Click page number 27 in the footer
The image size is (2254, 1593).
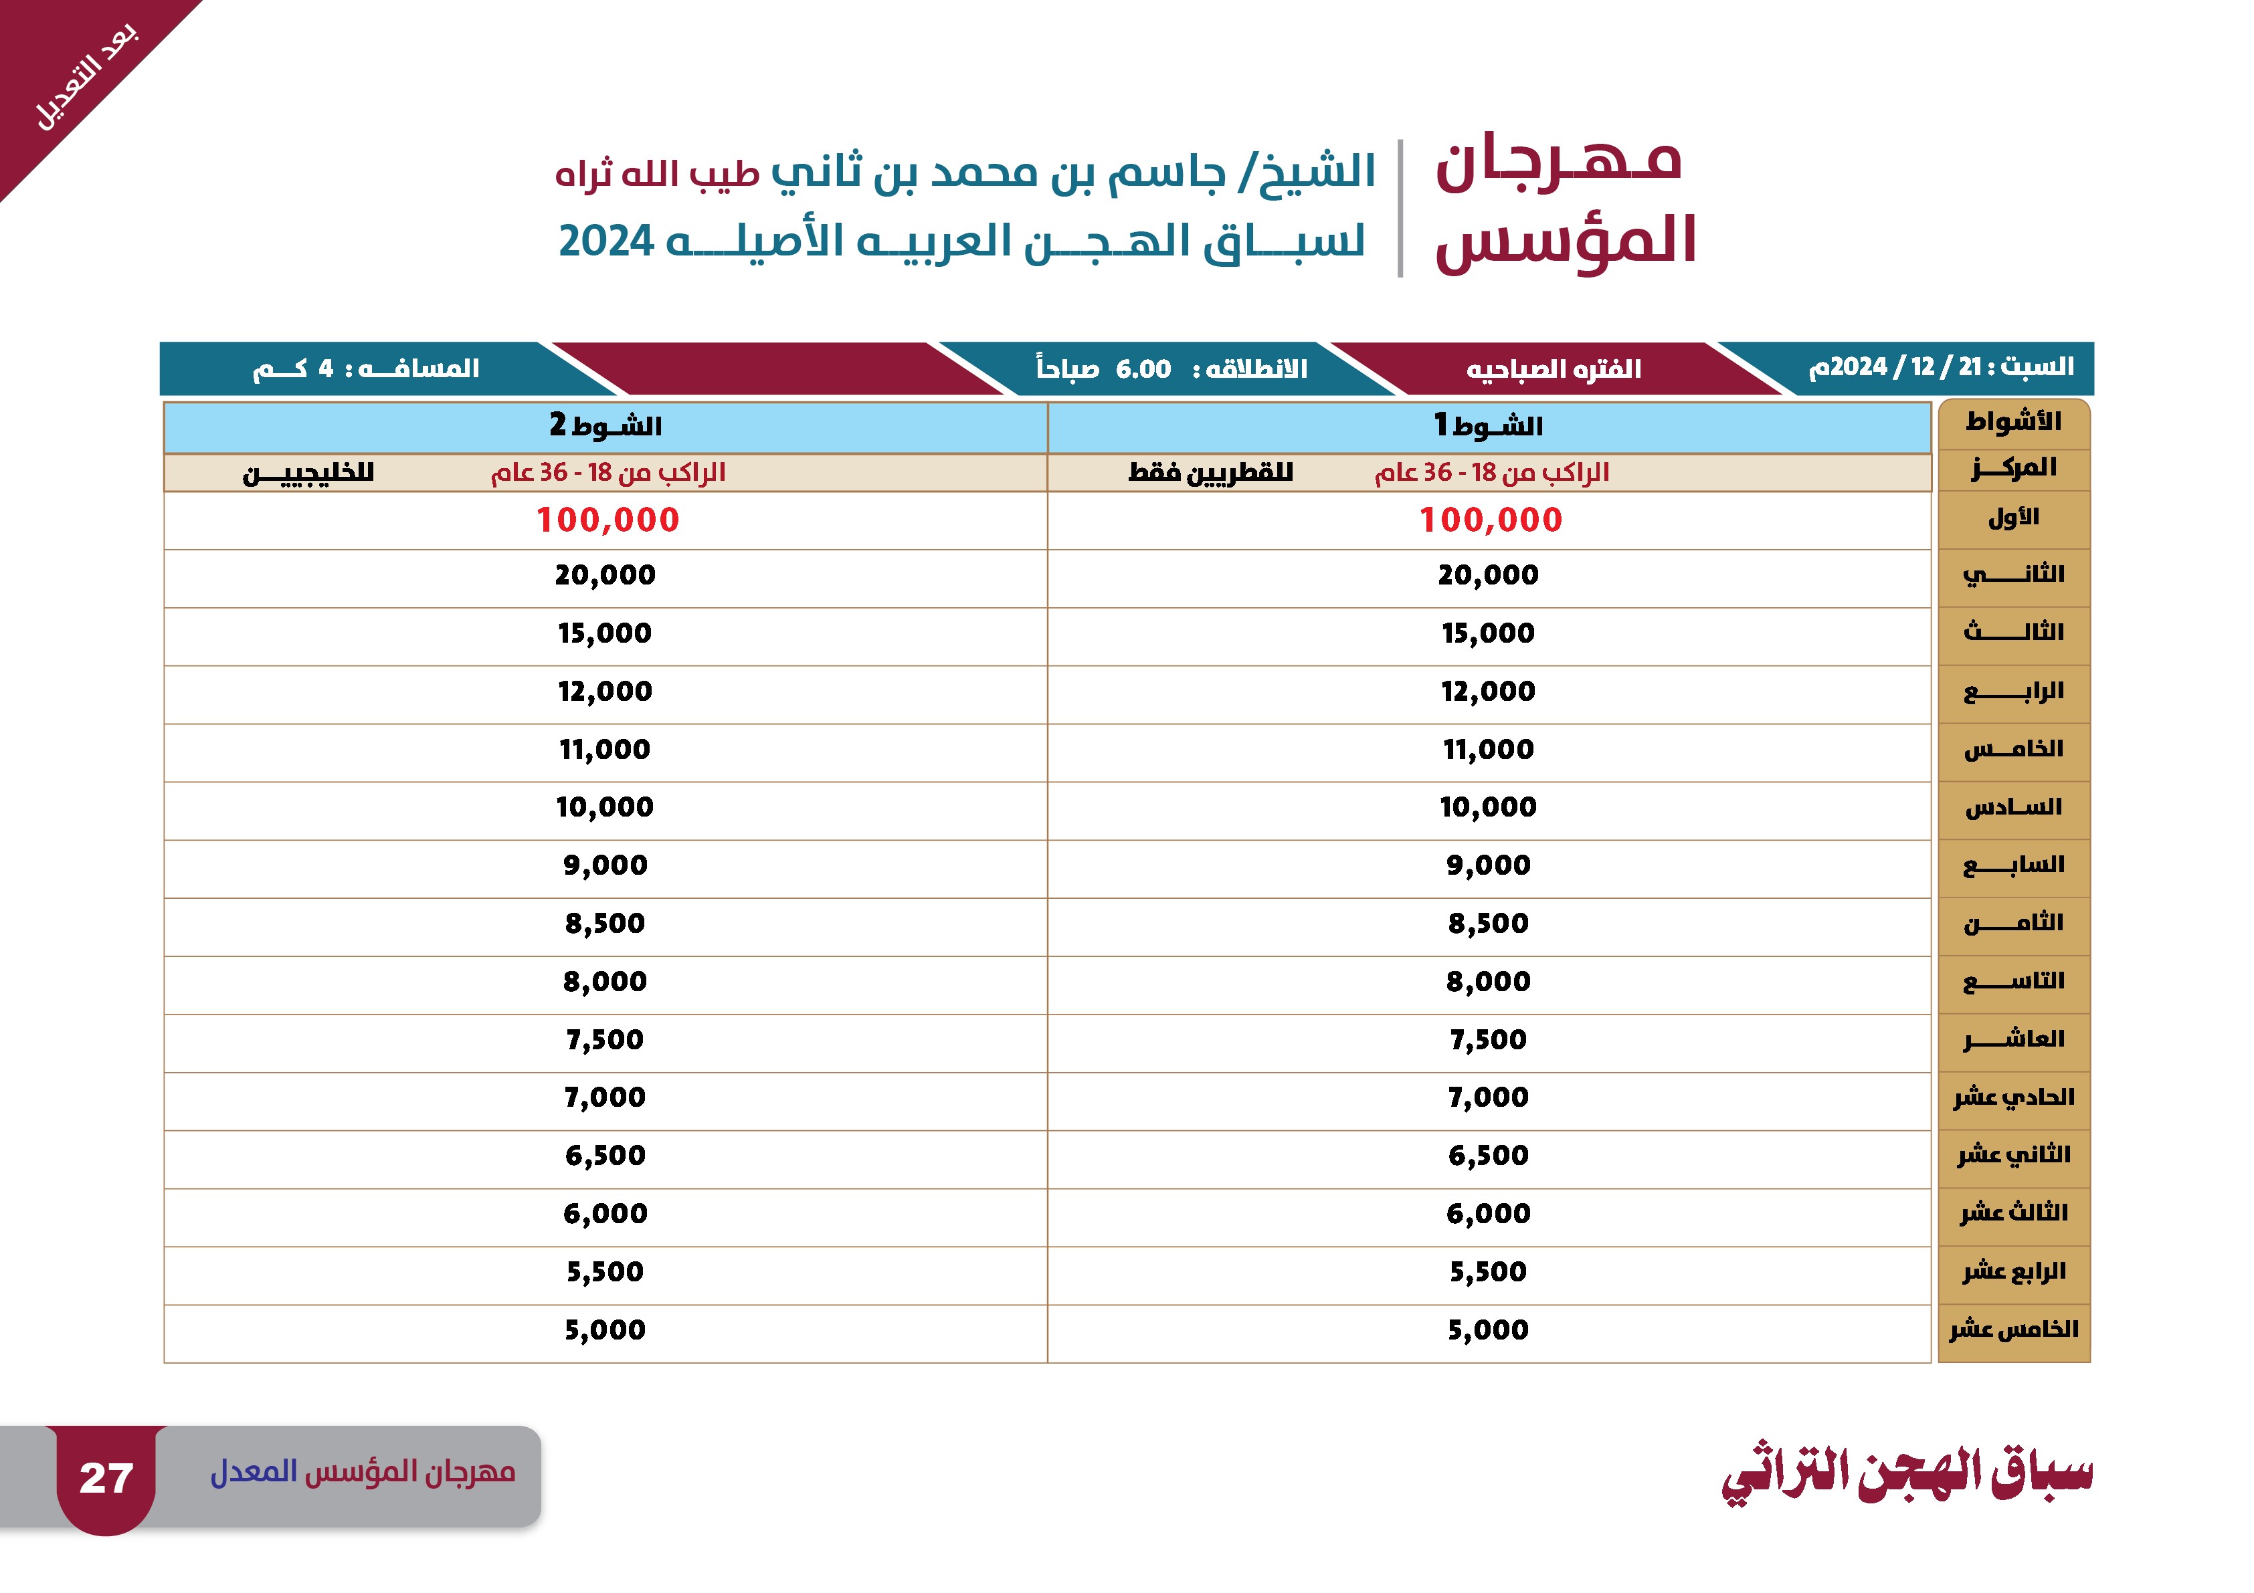tap(106, 1477)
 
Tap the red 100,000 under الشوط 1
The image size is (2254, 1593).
tap(1490, 519)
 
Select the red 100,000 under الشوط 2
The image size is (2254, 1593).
tap(607, 519)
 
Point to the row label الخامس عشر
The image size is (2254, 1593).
tap(2014, 1329)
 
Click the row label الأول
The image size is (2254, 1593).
tap(2014, 516)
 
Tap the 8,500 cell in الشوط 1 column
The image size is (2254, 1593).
tap(1488, 923)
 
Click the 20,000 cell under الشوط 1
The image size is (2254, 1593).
tap(1488, 574)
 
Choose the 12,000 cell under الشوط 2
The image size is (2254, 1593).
tap(605, 691)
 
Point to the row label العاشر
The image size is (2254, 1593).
tap(2014, 1039)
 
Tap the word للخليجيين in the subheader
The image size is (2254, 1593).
tap(308, 473)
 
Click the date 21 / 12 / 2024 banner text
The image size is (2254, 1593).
tap(1941, 367)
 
